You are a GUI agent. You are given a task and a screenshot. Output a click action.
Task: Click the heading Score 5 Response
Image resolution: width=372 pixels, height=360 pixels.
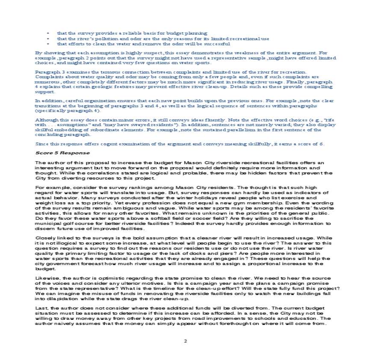click(62, 153)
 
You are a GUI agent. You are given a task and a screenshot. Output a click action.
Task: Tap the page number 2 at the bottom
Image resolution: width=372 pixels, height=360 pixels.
click(186, 341)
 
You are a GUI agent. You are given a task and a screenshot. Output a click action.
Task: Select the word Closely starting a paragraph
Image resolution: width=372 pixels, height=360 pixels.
click(45, 237)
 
